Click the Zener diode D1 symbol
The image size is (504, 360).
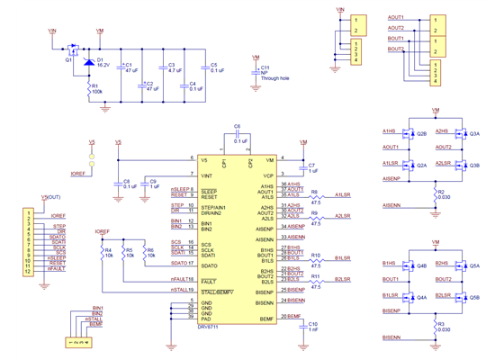click(x=89, y=62)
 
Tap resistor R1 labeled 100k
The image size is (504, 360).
click(x=89, y=87)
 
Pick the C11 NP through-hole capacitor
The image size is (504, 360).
click(x=258, y=69)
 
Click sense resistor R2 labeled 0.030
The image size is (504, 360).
click(x=435, y=194)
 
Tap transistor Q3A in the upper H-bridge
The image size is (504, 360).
click(x=461, y=134)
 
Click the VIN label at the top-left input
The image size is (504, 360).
click(x=51, y=31)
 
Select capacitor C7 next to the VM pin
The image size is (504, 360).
click(x=303, y=167)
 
